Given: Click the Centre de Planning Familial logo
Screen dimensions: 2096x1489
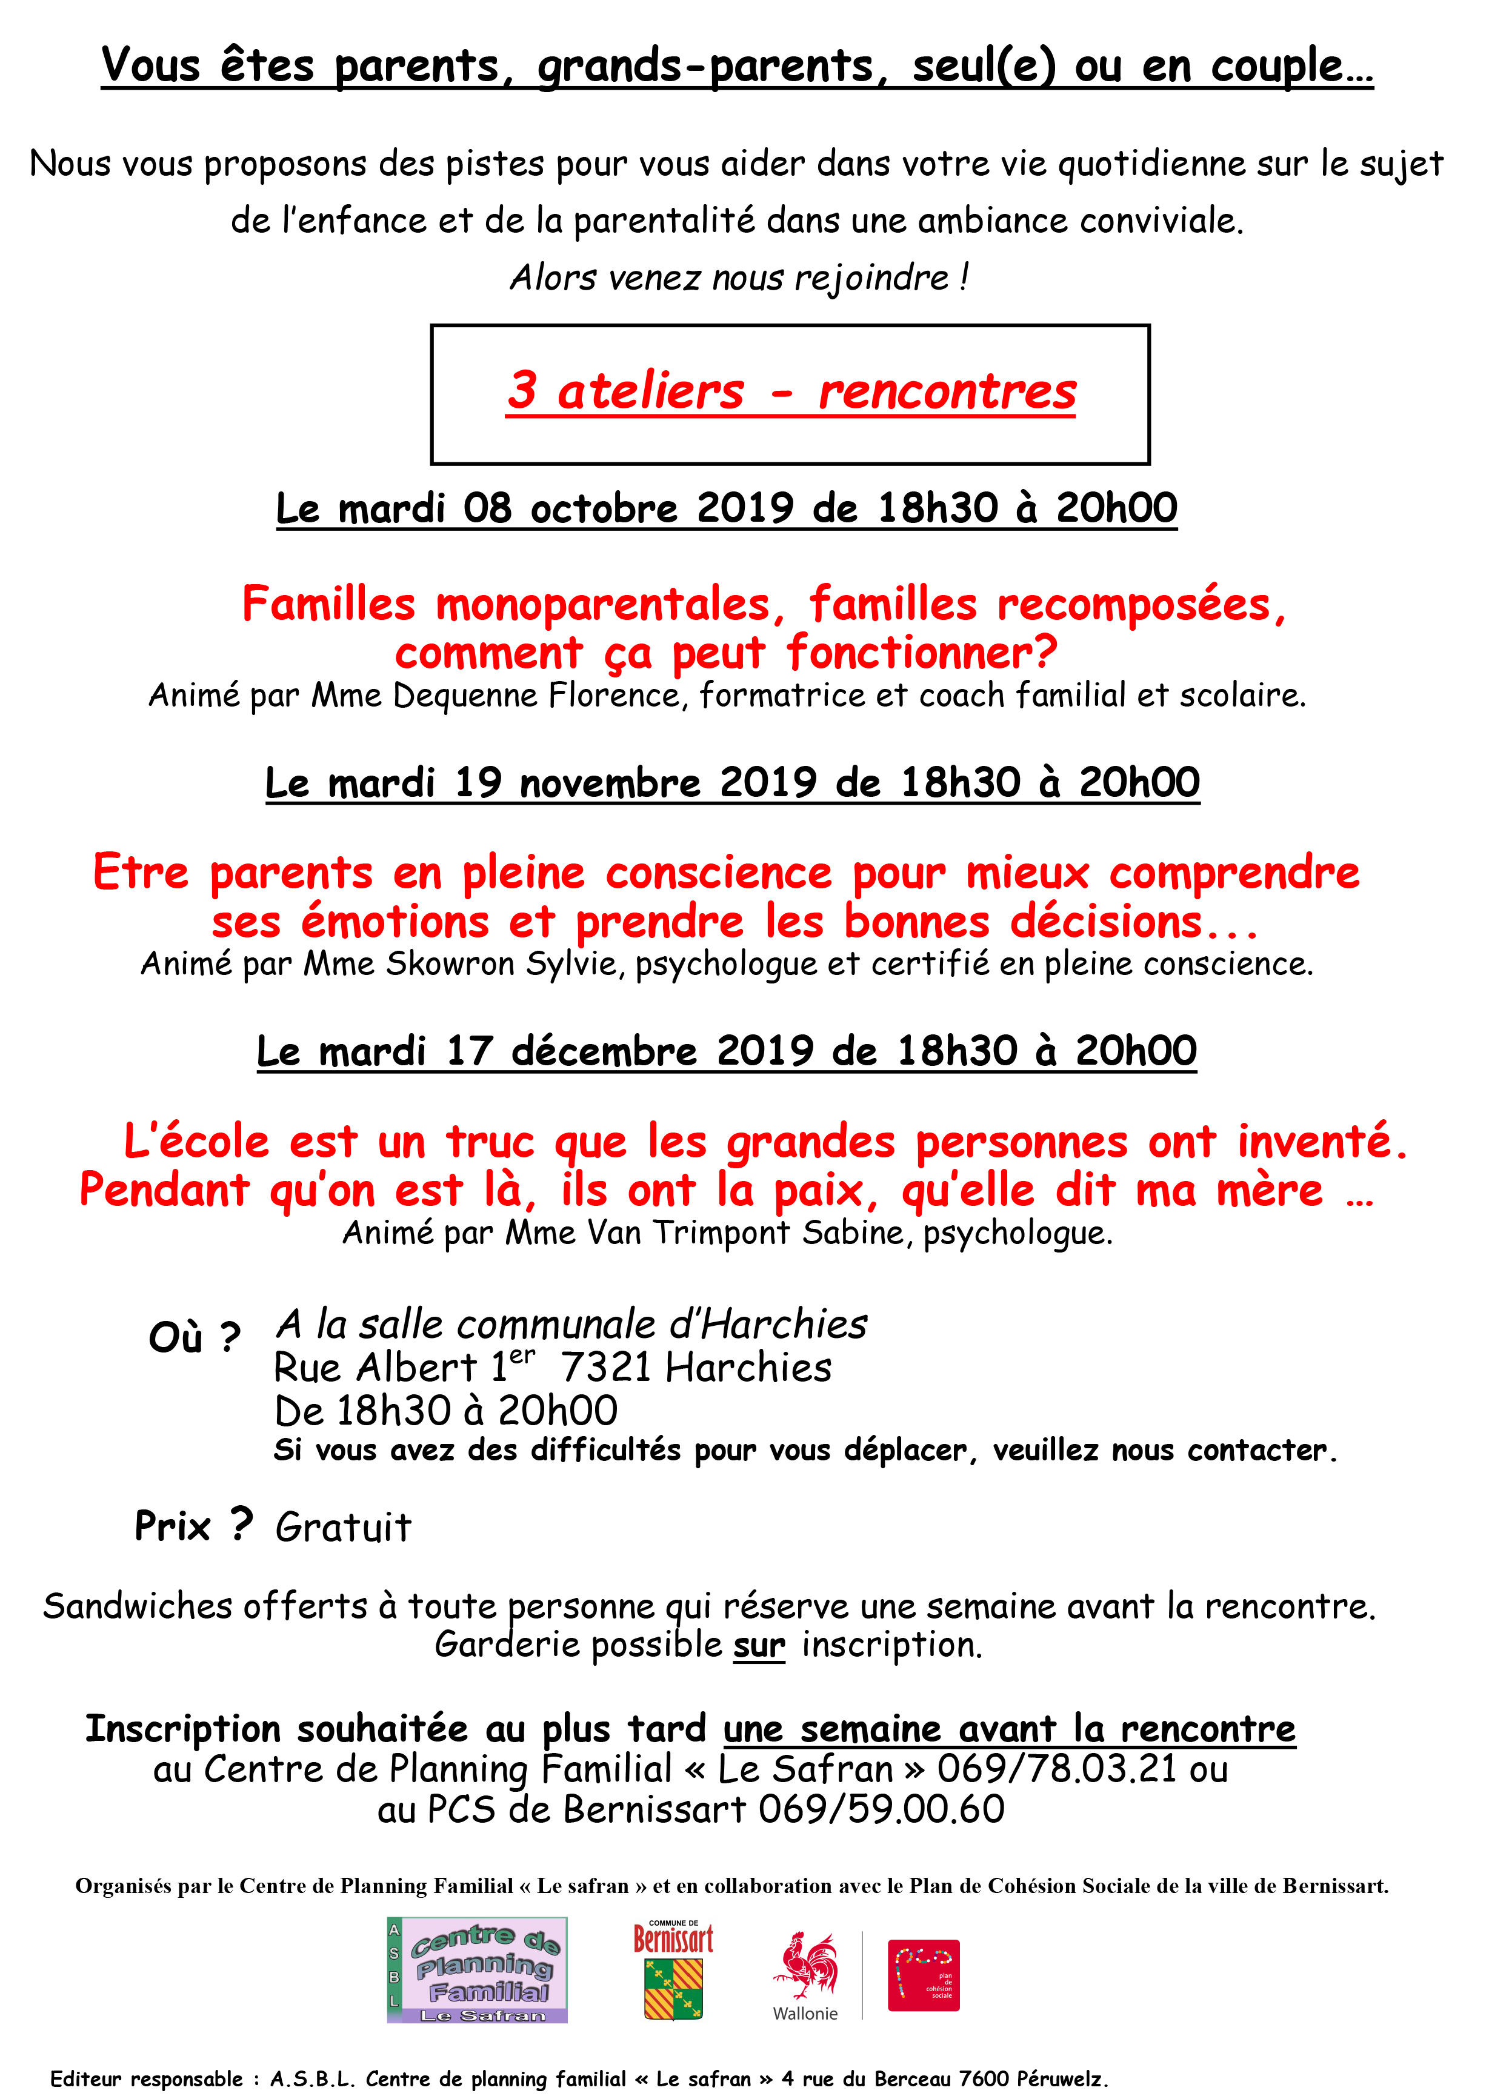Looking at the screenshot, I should pyautogui.click(x=477, y=1969).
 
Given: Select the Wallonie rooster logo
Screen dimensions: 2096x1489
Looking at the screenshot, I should pyautogui.click(x=805, y=1967).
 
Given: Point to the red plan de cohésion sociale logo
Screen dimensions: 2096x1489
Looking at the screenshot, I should pyautogui.click(x=924, y=1974).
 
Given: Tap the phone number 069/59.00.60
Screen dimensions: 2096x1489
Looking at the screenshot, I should pyautogui.click(x=881, y=1809).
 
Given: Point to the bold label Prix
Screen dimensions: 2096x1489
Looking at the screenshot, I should pyautogui.click(x=172, y=1526).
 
